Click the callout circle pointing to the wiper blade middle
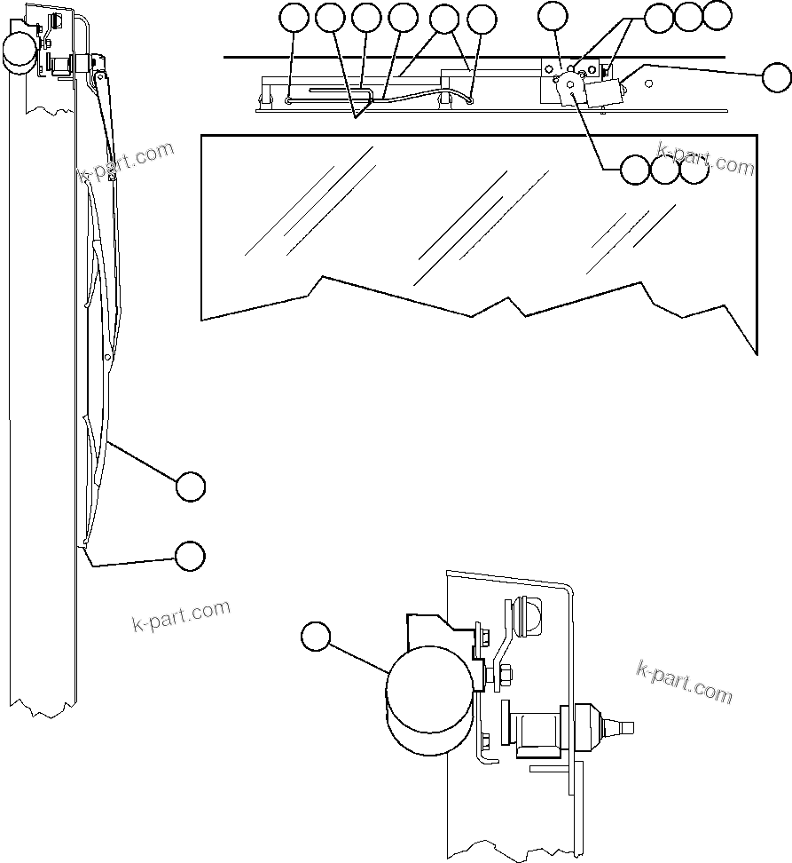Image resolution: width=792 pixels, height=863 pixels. [191, 487]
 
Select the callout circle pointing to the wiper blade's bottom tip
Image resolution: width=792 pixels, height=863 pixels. [189, 555]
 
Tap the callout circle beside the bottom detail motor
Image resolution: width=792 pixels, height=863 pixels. [315, 637]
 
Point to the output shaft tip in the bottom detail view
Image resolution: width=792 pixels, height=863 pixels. [628, 728]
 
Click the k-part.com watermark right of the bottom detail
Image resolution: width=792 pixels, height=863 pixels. [685, 681]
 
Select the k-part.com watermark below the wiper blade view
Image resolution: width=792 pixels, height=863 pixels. [180, 614]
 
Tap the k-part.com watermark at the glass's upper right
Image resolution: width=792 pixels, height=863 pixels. [706, 160]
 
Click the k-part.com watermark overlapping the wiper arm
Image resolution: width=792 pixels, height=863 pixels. [125, 162]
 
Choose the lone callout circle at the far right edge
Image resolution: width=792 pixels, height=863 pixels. [777, 77]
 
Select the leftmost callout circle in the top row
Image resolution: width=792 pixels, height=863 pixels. [294, 17]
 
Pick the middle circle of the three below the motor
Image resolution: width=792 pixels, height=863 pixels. [665, 170]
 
